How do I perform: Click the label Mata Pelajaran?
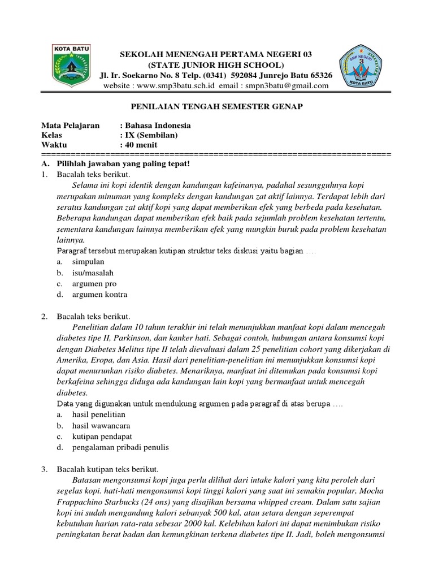pyautogui.click(x=70, y=126)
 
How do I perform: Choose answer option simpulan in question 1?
pyautogui.click(x=88, y=262)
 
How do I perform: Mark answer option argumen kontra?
pyautogui.click(x=99, y=295)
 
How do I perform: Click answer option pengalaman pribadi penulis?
pyautogui.click(x=120, y=447)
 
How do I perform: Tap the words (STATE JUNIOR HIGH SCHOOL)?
pyautogui.click(x=216, y=64)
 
